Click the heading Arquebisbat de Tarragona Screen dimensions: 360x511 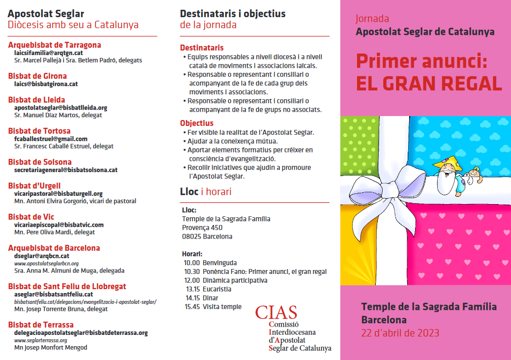(55, 45)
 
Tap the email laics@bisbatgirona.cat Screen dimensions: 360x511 (46, 84)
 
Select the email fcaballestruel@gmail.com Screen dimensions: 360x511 (51, 139)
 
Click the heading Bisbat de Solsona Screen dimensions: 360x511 (40, 162)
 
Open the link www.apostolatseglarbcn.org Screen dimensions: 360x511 (46, 263)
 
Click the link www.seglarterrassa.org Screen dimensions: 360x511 (40, 340)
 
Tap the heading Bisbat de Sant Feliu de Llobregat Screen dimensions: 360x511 (67, 286)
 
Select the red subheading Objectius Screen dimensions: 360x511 (197, 123)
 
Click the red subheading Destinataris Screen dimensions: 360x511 (202, 48)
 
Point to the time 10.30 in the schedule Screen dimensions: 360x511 (192, 271)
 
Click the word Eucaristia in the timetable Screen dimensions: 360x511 (217, 289)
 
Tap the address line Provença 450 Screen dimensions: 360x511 (202, 228)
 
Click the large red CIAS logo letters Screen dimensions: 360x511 (276, 312)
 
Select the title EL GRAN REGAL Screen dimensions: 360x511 (429, 84)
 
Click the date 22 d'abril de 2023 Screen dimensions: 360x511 (400, 333)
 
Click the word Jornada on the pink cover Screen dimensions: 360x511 (372, 19)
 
